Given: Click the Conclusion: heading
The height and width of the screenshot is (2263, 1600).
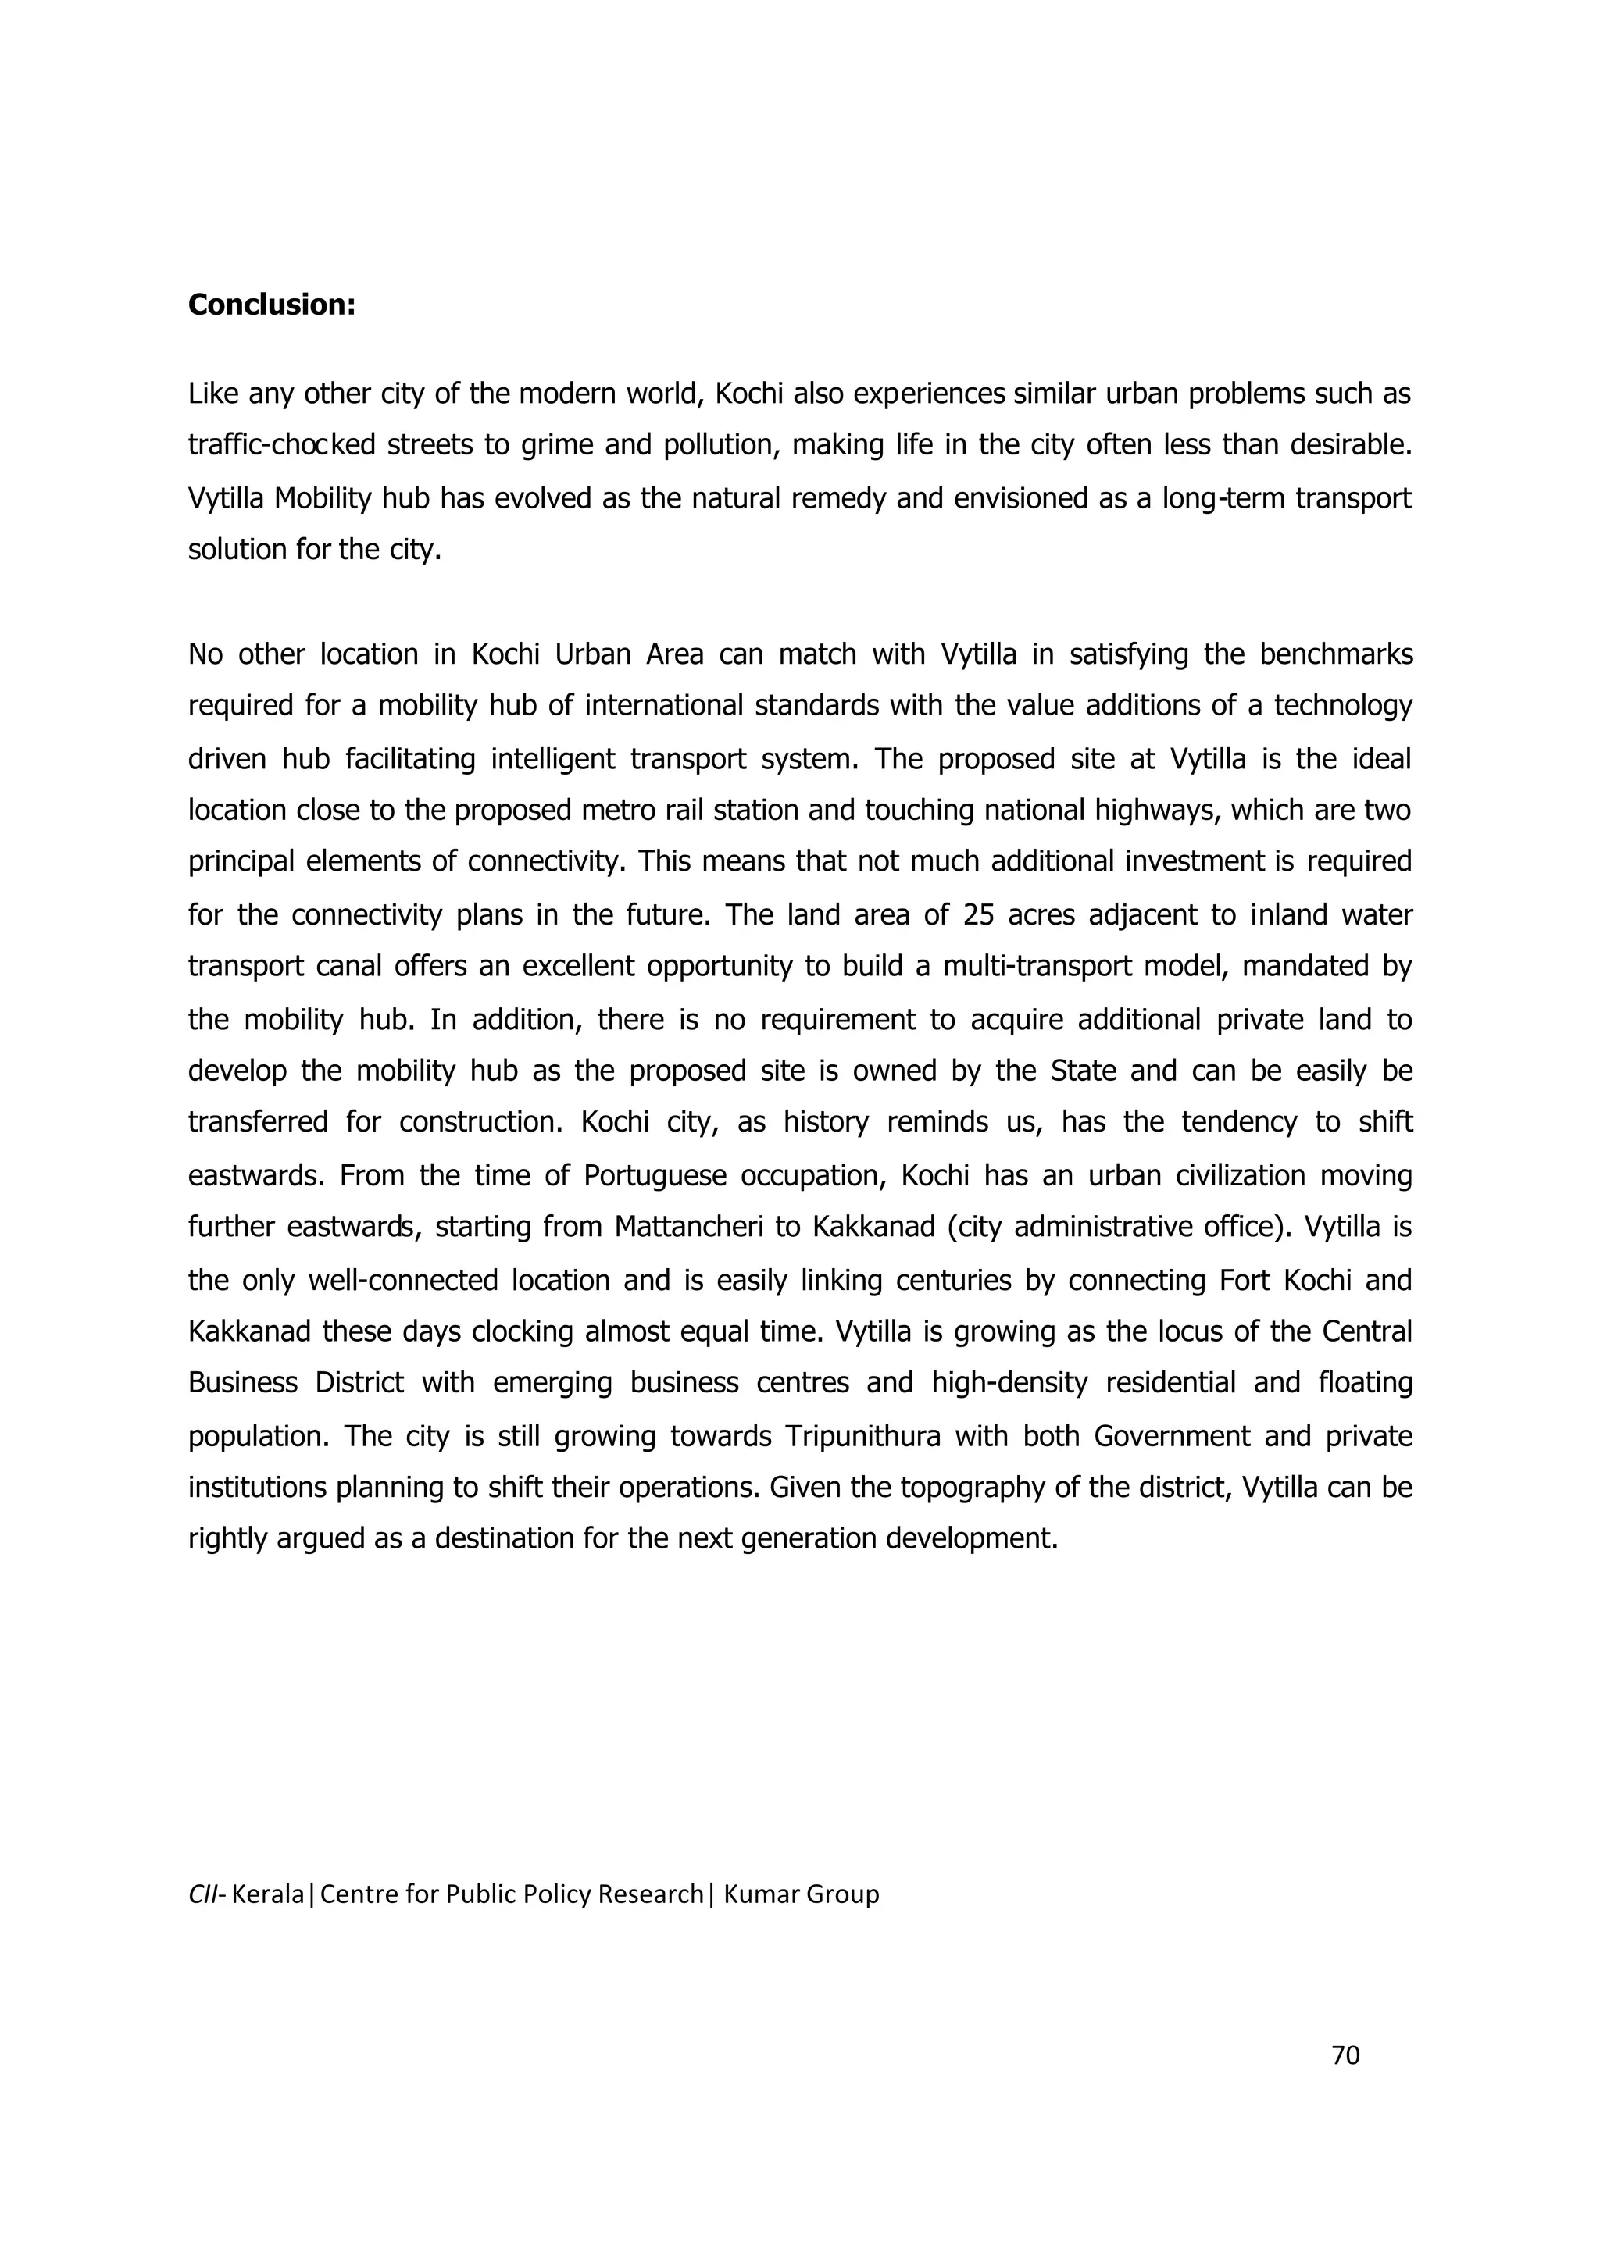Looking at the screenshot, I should tap(271, 305).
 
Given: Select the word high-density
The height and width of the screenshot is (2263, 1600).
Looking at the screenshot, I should tap(1009, 1383).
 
